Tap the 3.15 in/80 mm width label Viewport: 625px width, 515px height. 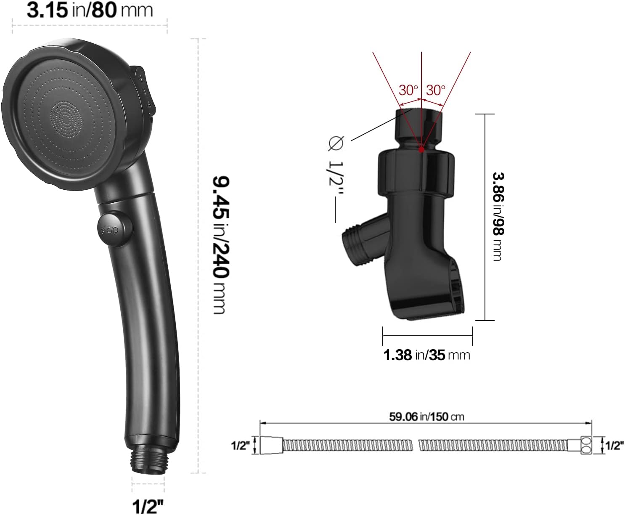90,10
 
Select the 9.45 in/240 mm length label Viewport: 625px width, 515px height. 220,245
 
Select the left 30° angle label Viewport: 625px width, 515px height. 408,90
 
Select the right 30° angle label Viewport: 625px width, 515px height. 436,90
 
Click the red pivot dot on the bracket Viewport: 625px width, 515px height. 421,149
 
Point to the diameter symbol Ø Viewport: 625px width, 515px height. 336,144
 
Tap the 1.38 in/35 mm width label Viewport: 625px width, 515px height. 426,355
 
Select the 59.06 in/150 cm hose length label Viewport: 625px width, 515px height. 426,417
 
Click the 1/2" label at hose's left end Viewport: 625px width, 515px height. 240,446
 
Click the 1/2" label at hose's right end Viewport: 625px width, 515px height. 614,446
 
